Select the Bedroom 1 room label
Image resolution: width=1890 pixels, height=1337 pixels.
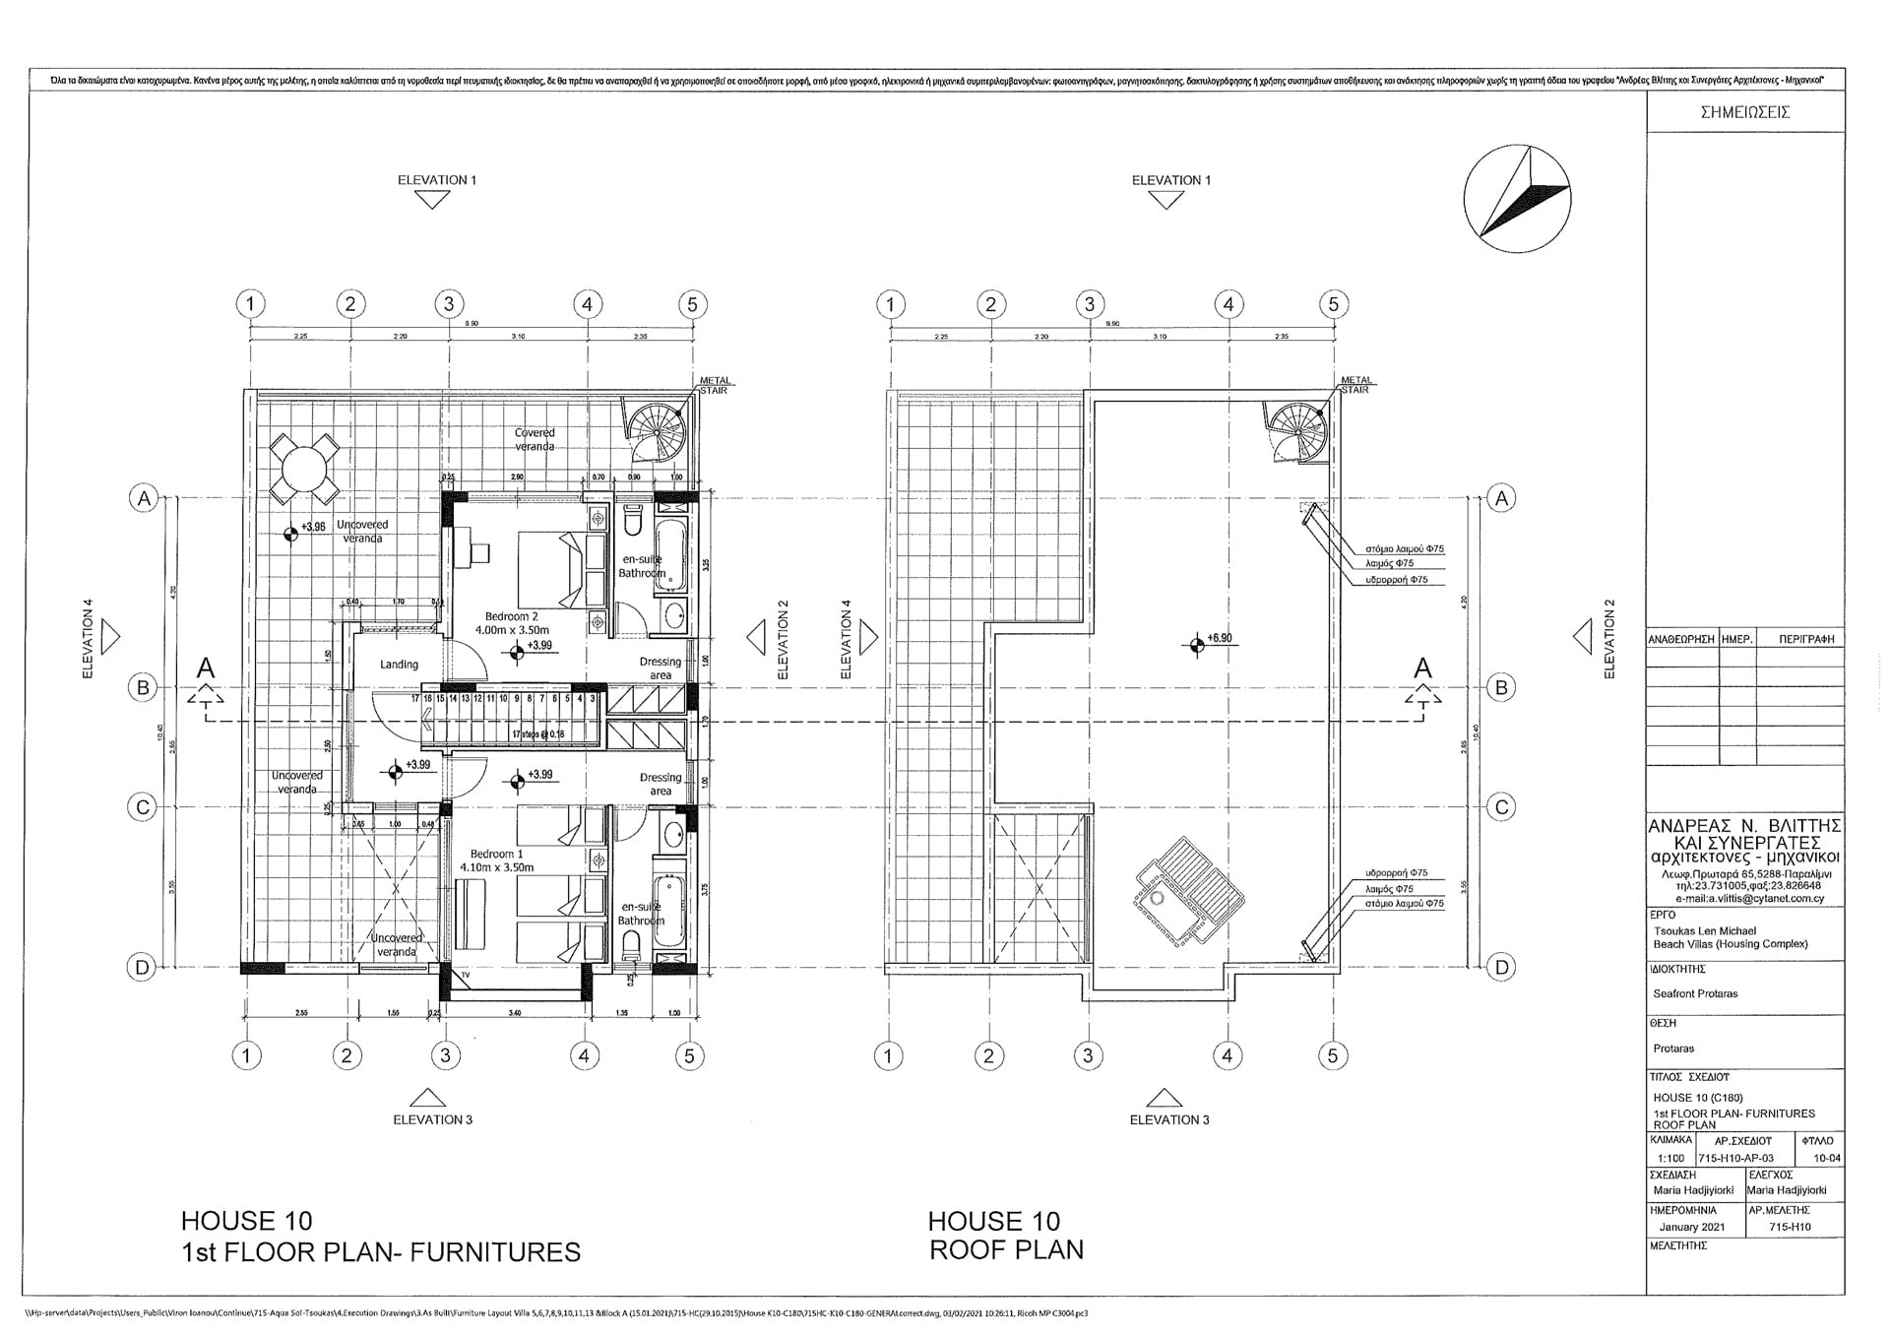pyautogui.click(x=497, y=860)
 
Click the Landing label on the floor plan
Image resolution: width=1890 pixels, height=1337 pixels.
pyautogui.click(x=399, y=665)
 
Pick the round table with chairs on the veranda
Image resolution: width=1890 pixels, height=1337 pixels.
pyautogui.click(x=305, y=468)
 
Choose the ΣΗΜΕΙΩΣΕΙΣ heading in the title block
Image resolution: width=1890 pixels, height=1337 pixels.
pyautogui.click(x=1744, y=112)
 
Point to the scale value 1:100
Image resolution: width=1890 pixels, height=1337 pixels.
pyautogui.click(x=1670, y=1158)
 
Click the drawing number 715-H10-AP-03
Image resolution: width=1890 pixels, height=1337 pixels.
pyautogui.click(x=1735, y=1158)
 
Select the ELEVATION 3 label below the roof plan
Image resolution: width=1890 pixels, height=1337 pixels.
pyautogui.click(x=1168, y=1119)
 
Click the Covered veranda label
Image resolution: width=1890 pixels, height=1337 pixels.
pyautogui.click(x=535, y=439)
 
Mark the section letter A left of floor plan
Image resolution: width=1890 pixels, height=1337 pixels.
pyautogui.click(x=205, y=668)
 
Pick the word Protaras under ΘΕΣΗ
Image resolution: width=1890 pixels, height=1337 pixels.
pyautogui.click(x=1673, y=1049)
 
